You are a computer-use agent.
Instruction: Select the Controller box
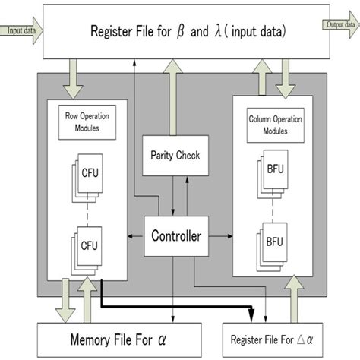175,237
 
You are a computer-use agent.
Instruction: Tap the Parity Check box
175,155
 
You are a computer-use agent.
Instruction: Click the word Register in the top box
113,32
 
